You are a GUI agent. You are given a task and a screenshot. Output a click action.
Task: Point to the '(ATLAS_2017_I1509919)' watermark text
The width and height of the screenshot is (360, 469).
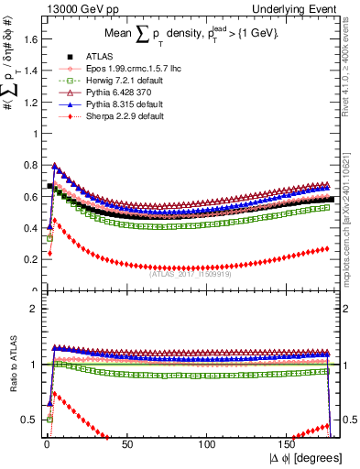(191, 272)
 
